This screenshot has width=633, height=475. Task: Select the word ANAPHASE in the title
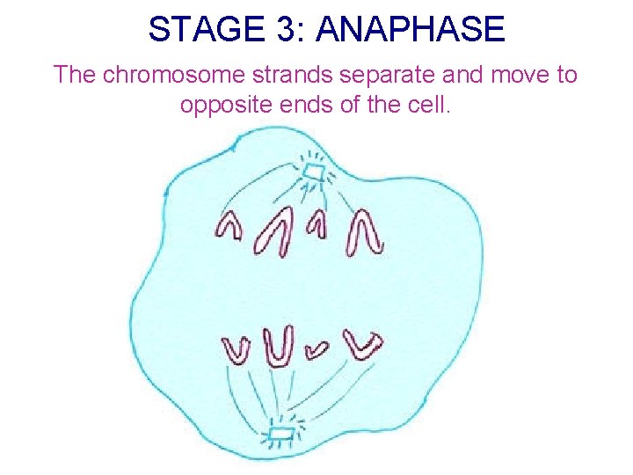[x=411, y=30]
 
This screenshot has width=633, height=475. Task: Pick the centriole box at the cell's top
[x=313, y=170]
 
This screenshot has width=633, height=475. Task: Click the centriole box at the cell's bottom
[x=280, y=434]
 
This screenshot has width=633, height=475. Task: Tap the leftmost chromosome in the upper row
[x=229, y=226]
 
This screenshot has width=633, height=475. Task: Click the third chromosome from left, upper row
[x=317, y=225]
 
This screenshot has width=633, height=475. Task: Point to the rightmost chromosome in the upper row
[x=364, y=232]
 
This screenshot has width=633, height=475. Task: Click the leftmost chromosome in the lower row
[x=237, y=349]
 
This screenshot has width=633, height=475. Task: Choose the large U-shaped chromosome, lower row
[x=280, y=346]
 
